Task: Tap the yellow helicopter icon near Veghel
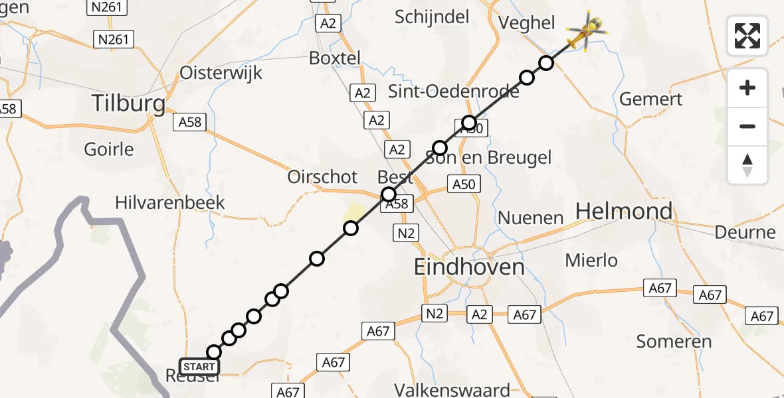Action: tap(587, 31)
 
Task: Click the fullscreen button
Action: tap(747, 36)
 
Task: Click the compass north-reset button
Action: tap(747, 165)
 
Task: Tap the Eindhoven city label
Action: tap(469, 267)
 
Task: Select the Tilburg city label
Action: tap(128, 103)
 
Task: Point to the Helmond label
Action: tap(624, 212)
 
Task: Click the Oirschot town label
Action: tap(322, 177)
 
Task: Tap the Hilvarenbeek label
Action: tap(170, 202)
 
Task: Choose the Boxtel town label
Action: tap(335, 58)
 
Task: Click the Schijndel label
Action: tap(432, 17)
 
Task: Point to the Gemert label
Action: tap(650, 99)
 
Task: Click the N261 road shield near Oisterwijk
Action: tap(113, 39)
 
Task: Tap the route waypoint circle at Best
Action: tap(388, 194)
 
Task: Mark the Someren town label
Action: tap(674, 342)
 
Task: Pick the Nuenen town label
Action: tap(530, 218)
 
